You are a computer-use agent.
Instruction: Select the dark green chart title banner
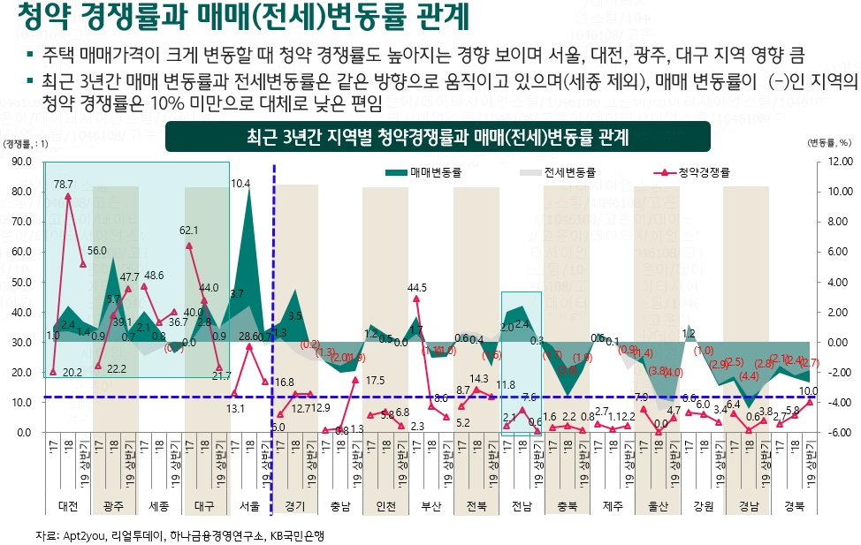[438, 137]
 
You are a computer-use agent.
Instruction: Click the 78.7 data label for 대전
[64, 185]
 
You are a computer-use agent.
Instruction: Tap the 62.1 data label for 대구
[188, 230]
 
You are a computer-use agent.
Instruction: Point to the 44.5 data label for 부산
[417, 287]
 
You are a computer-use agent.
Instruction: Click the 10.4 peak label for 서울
[240, 184]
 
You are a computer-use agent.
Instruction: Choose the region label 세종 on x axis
[159, 507]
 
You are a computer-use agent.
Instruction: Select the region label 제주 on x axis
[611, 507]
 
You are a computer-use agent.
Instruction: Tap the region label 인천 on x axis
[385, 507]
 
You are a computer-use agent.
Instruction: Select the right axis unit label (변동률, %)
[829, 142]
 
